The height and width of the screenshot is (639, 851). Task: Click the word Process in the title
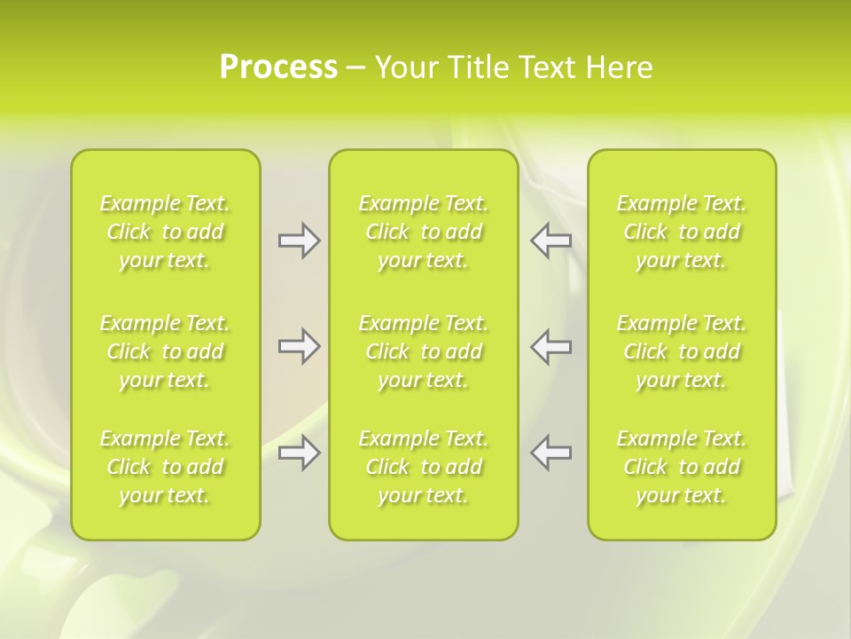tap(278, 67)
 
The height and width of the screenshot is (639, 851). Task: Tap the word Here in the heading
tap(619, 67)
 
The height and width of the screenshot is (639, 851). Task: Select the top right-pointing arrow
tap(299, 241)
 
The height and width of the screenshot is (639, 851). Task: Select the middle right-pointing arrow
tap(299, 346)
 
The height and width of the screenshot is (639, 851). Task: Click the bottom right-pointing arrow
tap(299, 453)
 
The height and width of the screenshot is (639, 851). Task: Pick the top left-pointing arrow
tap(551, 241)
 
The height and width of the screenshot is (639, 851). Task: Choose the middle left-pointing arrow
tap(551, 346)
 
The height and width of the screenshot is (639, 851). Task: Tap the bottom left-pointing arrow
tap(551, 453)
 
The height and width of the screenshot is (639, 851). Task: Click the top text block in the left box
tap(165, 232)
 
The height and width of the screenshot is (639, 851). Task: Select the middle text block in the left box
tap(165, 351)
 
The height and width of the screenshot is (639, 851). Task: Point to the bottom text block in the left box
tap(165, 467)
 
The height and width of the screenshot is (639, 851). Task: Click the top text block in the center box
tap(423, 232)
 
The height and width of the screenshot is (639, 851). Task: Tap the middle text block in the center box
tap(423, 351)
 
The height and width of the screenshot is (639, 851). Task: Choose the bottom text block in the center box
tap(423, 467)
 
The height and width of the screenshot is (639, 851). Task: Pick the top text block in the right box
tap(682, 232)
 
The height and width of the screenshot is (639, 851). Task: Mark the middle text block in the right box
tap(682, 351)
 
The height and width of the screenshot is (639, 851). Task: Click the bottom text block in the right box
tap(682, 467)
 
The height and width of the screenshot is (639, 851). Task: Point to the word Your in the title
tap(404, 67)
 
